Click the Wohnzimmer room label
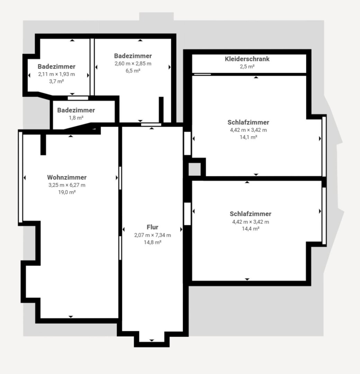[67, 177]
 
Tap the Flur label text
[152, 227]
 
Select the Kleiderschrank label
[247, 59]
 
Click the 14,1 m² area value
[249, 137]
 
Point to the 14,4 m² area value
[251, 229]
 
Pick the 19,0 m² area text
[67, 192]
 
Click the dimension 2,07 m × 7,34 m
[152, 235]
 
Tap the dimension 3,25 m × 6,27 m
[67, 185]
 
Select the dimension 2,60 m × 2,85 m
[133, 64]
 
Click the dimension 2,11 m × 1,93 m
[56, 74]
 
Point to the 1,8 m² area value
[76, 118]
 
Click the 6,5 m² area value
[133, 71]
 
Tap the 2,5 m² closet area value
[247, 66]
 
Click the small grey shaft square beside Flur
[195, 169]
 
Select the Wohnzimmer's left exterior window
[20, 177]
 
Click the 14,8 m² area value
[152, 242]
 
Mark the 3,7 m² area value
[56, 81]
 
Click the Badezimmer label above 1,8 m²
[76, 110]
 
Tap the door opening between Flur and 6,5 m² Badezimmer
[151, 125]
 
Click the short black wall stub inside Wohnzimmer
[43, 144]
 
